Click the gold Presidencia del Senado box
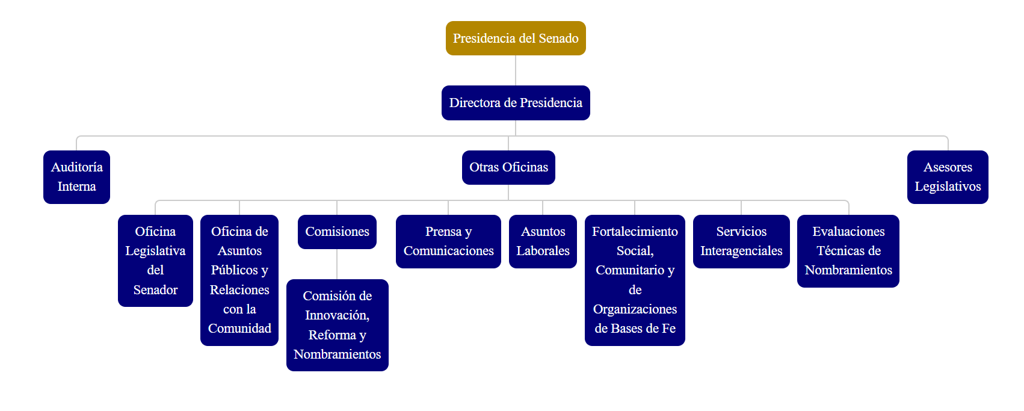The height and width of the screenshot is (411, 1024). pos(516,39)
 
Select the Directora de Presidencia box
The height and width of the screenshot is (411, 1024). pos(516,103)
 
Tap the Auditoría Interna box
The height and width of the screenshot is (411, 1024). pos(76,177)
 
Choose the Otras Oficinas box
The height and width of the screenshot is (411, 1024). pos(508,167)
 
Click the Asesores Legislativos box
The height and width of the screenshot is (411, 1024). pos(948,177)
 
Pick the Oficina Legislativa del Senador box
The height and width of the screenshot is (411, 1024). pos(155,260)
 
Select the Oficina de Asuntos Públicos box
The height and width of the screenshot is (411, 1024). pos(239,280)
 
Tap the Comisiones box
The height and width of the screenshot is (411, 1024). pos(337,232)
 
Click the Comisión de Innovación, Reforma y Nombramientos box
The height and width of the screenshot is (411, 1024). pos(337,325)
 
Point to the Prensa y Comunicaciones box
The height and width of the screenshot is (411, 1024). pos(448,241)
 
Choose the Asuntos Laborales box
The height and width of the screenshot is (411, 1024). pos(543,241)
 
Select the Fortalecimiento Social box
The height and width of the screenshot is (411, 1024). pos(635,280)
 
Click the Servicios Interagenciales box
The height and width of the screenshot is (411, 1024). pos(741,241)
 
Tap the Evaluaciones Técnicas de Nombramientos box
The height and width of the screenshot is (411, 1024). pos(848,251)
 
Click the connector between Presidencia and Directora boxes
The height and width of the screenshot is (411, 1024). pos(516,70)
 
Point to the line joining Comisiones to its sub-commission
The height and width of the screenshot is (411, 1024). pos(337,264)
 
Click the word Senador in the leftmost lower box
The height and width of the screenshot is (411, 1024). pos(155,290)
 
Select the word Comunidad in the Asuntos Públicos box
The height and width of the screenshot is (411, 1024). pos(239,329)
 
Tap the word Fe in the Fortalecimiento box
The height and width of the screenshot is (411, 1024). pos(668,329)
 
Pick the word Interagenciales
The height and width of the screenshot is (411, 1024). pos(741,251)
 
